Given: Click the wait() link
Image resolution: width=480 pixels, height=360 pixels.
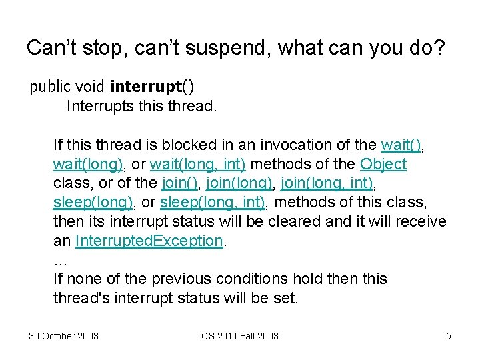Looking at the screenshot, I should [x=401, y=145].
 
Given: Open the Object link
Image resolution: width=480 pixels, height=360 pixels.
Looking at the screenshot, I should [x=383, y=164].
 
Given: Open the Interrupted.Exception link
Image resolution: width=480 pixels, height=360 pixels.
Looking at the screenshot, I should [x=149, y=241].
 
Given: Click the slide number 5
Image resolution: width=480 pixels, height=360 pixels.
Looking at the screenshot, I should [x=449, y=336].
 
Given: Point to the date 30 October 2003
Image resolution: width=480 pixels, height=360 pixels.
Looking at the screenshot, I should [x=63, y=336].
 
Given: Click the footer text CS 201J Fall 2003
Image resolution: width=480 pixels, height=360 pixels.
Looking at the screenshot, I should [x=240, y=336].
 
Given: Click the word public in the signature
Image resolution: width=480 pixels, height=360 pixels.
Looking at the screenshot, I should [x=48, y=87].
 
